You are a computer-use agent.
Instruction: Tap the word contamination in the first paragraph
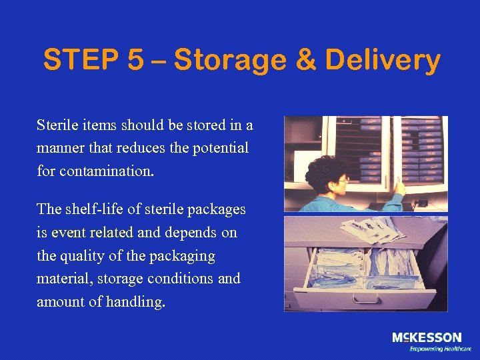point(107,170)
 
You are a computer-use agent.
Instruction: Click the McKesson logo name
point(427,338)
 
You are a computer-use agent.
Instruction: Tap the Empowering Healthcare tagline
point(440,349)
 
